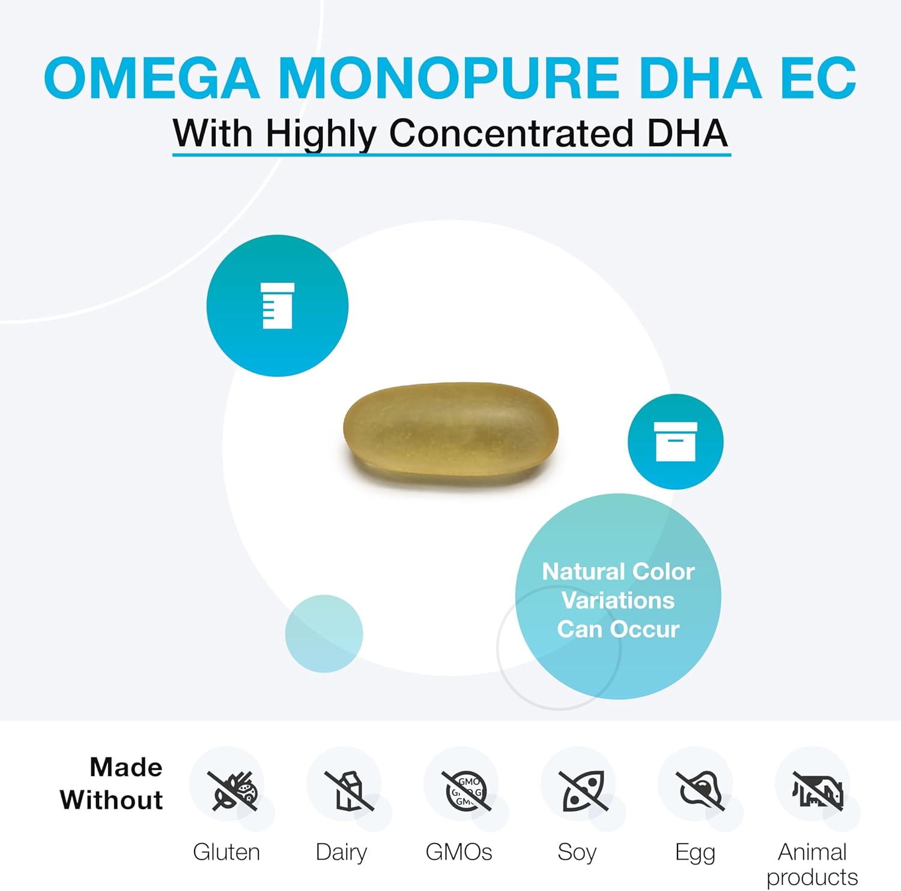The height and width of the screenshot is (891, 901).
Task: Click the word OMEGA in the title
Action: [x=151, y=78]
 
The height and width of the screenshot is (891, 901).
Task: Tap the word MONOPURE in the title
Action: [x=448, y=78]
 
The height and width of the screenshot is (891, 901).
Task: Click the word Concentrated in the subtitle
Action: [x=511, y=133]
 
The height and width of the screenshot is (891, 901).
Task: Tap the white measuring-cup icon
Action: [x=278, y=305]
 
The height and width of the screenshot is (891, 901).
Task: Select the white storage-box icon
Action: [x=675, y=441]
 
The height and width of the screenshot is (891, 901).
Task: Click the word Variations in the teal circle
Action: [x=617, y=600]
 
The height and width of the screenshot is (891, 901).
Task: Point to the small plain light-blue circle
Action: [x=324, y=633]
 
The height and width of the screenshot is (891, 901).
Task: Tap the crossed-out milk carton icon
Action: [x=348, y=790]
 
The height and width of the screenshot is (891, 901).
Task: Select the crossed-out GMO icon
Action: [x=466, y=790]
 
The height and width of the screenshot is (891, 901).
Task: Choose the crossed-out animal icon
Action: [x=816, y=790]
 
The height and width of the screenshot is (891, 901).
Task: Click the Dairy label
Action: [x=341, y=853]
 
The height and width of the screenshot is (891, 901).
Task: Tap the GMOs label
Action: [x=459, y=853]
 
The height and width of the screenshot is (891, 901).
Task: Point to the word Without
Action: [x=112, y=800]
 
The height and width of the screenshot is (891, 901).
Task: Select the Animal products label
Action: [x=812, y=865]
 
